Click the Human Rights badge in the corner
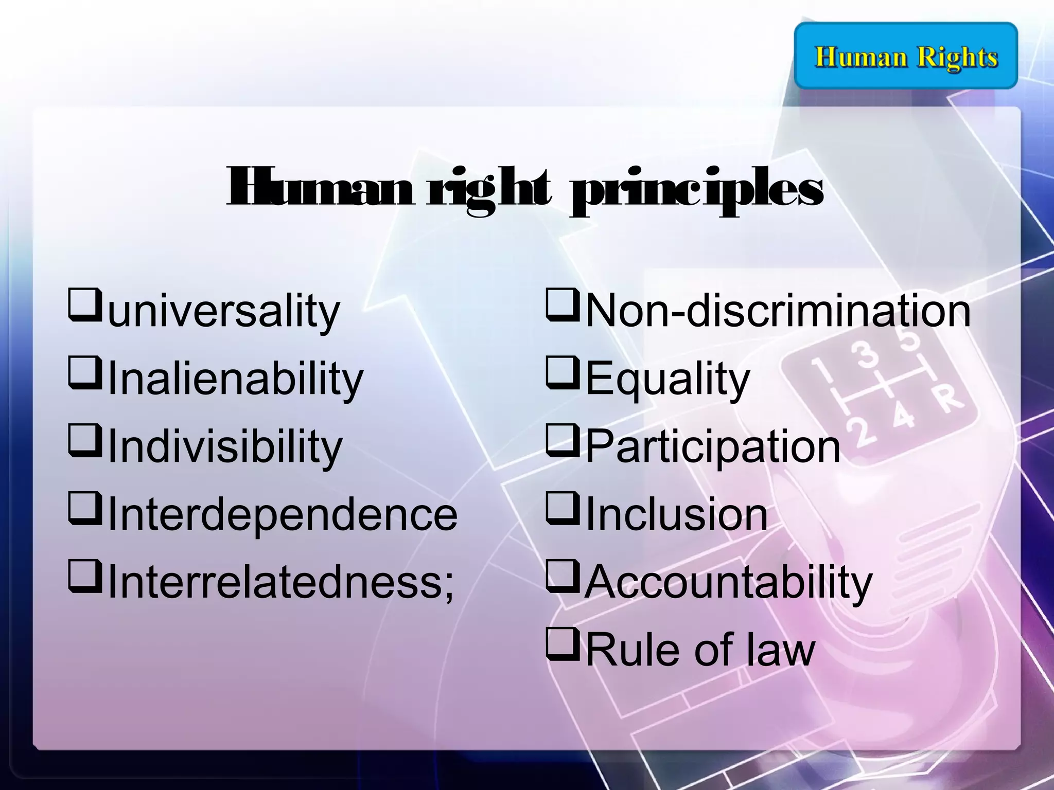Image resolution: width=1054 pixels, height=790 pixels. [906, 56]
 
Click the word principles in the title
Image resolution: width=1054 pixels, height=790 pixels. [696, 191]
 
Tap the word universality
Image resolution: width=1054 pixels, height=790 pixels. [224, 311]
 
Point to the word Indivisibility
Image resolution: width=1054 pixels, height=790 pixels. [225, 446]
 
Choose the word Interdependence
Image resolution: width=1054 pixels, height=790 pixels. [283, 514]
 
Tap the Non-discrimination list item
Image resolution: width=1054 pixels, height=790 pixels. [778, 311]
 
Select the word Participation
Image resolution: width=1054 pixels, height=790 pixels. [713, 446]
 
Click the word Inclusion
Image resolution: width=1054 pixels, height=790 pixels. [676, 514]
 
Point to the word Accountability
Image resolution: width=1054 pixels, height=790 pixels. [729, 582]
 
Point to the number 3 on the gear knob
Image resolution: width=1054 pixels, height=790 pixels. [868, 354]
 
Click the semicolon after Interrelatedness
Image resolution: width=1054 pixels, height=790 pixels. [448, 586]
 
